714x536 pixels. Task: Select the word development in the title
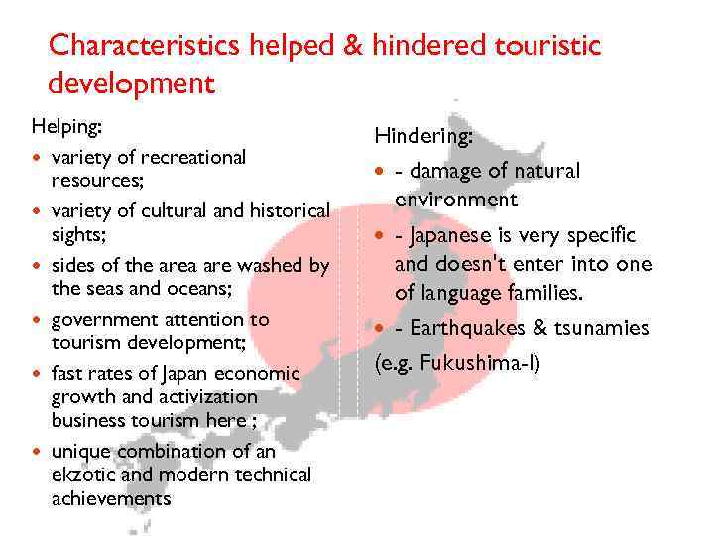pyautogui.click(x=131, y=83)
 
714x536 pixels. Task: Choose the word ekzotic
pyautogui.click(x=85, y=475)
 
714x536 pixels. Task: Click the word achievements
pyautogui.click(x=111, y=498)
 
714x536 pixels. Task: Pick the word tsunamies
pyautogui.click(x=600, y=328)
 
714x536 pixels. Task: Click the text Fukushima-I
pyautogui.click(x=479, y=362)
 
